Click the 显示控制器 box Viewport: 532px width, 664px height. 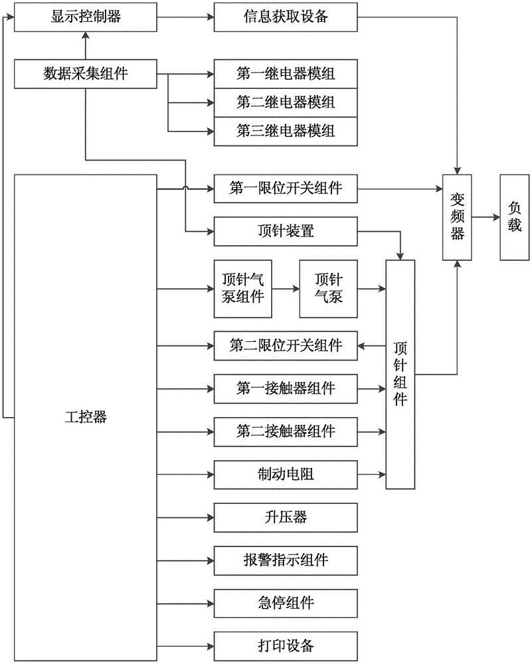coord(86,17)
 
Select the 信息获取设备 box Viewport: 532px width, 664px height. coord(286,17)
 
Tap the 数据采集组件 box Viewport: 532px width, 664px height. coord(86,74)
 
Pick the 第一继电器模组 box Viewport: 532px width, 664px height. coord(286,74)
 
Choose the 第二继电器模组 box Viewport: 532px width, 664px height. coord(286,102)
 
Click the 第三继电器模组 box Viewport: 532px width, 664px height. coord(286,131)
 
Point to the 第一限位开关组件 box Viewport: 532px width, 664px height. coord(286,189)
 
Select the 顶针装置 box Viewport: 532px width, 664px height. coord(286,231)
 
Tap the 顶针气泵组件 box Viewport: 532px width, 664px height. coord(242,289)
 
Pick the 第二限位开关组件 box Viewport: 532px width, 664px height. coord(286,345)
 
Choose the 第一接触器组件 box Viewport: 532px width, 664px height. coord(286,388)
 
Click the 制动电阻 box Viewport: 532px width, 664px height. coord(286,474)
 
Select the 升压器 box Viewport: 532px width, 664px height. coord(286,517)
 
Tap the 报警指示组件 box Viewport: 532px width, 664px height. coord(286,560)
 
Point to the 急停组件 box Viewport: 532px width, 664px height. coord(286,603)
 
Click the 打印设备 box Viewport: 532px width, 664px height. coord(286,645)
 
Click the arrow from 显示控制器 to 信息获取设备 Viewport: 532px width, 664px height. coord(185,17)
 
